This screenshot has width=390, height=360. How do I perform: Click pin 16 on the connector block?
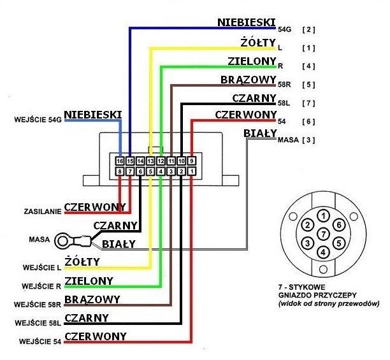(x=120, y=161)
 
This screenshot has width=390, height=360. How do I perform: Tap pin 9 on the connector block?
(x=191, y=161)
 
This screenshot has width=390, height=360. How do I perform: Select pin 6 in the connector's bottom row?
(x=140, y=171)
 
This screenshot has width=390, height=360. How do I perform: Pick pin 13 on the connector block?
(x=150, y=161)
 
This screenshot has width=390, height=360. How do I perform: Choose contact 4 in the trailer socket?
(x=323, y=252)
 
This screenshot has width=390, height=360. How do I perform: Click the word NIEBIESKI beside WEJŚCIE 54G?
(x=92, y=114)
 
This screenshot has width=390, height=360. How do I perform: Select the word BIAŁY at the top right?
(x=259, y=134)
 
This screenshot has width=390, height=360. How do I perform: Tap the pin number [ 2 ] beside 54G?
(x=309, y=29)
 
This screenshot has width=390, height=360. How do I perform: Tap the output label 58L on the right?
(x=285, y=103)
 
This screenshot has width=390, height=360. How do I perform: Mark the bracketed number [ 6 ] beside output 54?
(x=309, y=121)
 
